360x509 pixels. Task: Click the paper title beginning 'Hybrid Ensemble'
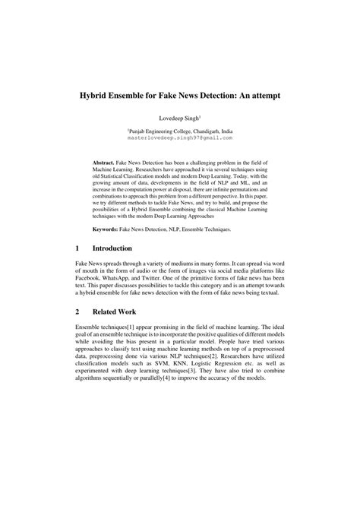point(179,98)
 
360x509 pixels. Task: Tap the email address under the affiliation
point(179,139)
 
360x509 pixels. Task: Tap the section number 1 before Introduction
point(77,248)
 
